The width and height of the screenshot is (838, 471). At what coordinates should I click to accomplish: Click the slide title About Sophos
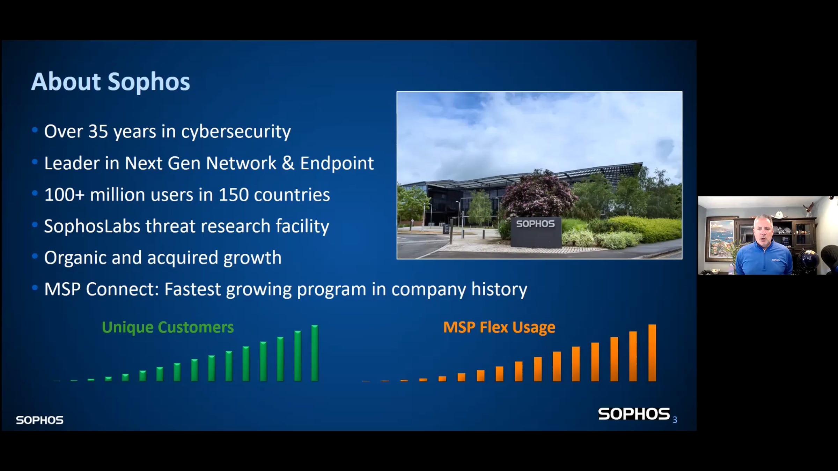click(x=111, y=82)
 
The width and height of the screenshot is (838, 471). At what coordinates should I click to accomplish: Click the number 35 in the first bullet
click(x=98, y=132)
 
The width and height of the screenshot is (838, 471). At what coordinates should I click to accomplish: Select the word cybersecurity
click(x=236, y=132)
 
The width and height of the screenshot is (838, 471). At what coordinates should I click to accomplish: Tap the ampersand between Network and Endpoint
click(x=288, y=163)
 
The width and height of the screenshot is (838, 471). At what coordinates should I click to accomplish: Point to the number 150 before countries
click(x=234, y=195)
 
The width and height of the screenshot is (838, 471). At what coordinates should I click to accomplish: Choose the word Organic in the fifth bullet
click(x=75, y=258)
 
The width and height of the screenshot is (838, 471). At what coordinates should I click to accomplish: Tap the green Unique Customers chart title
click(x=168, y=327)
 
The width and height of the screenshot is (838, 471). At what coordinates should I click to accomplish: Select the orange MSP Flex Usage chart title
click(x=499, y=328)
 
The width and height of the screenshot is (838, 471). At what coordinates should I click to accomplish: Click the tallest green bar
click(x=315, y=353)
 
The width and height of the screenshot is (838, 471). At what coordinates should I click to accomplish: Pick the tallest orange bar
click(x=652, y=353)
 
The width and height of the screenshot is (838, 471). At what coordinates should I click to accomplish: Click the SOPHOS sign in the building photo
click(x=536, y=224)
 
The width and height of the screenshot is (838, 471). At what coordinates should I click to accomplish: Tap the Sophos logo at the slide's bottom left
click(x=40, y=420)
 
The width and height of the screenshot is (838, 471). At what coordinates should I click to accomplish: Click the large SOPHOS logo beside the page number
click(x=634, y=414)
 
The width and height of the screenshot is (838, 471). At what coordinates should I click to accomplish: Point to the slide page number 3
click(x=675, y=420)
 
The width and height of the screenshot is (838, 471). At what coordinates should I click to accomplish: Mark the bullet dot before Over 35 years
click(x=35, y=130)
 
